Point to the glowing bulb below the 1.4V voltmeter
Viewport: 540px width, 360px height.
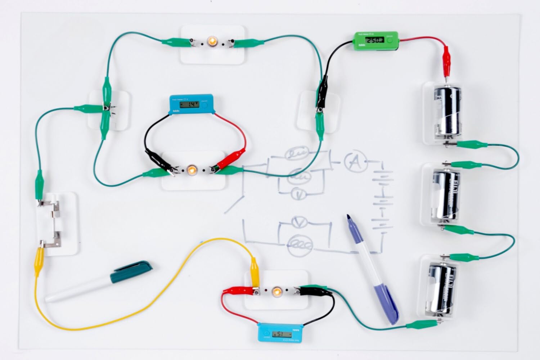[192, 169]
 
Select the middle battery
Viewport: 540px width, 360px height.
[446, 195]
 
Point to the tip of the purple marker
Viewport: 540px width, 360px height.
[348, 217]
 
